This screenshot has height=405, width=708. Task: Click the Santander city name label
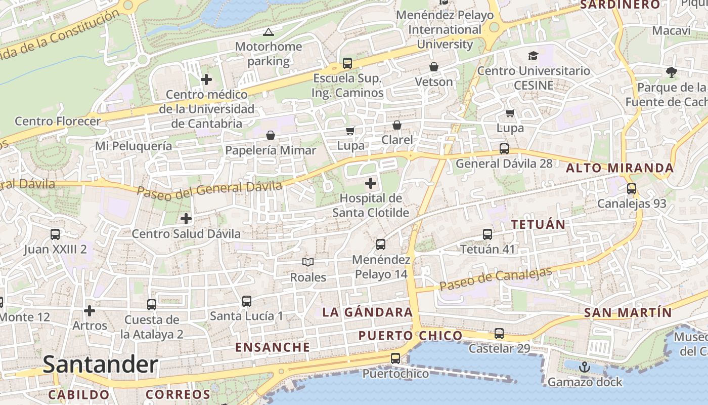click(100, 364)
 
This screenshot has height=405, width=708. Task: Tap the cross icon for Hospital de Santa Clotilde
click(371, 183)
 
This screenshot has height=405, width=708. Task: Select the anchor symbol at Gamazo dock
click(585, 367)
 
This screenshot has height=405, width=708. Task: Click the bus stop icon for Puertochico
click(395, 358)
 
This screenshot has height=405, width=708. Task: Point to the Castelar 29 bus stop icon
click(499, 334)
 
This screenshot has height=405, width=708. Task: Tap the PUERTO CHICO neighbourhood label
click(410, 336)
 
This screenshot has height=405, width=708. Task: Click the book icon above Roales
click(308, 262)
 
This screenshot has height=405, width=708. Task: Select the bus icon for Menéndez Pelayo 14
click(381, 245)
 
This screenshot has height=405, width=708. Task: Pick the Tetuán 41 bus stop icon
click(488, 234)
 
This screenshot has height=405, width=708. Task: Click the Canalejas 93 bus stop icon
click(631, 189)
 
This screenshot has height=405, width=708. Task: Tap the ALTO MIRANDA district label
click(619, 168)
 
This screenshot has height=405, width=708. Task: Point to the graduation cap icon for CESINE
click(533, 56)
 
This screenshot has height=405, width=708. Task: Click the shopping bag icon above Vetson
click(433, 67)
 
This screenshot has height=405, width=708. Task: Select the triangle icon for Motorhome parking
click(269, 32)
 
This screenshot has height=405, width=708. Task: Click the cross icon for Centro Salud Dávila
click(186, 219)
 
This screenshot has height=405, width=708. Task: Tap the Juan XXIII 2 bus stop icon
click(55, 234)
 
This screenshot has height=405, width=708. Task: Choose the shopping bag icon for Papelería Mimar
click(271, 135)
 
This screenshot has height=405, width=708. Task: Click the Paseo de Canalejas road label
click(495, 279)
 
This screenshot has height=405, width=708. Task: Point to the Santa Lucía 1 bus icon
click(247, 301)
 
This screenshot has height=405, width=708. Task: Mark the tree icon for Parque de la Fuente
click(672, 72)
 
